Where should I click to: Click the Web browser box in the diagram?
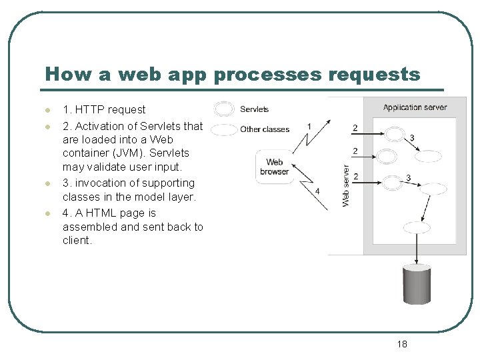(x=275, y=167)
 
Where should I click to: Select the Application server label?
(x=415, y=107)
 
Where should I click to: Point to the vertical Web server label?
(x=346, y=185)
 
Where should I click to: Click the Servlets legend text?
(x=254, y=109)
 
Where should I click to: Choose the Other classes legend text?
(x=265, y=129)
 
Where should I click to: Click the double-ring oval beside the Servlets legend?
(x=225, y=109)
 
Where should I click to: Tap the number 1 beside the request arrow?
(x=309, y=127)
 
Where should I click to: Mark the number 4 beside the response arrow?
(x=317, y=191)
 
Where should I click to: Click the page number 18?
(x=401, y=344)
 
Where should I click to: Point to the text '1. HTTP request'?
(x=103, y=109)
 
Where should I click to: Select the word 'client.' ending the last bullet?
(x=77, y=240)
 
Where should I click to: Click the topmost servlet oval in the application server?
(x=395, y=134)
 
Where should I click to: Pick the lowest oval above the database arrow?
(x=417, y=227)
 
